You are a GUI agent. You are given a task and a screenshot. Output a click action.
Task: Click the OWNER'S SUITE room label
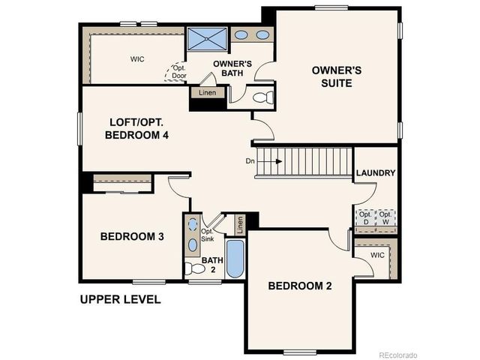click(x=337, y=76)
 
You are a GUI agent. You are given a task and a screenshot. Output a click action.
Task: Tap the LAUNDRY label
click(x=376, y=173)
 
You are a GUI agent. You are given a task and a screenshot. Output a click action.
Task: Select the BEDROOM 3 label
click(x=132, y=237)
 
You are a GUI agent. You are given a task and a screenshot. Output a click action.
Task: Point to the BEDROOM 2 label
click(x=300, y=286)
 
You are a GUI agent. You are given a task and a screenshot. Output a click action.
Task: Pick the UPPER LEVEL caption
click(x=121, y=300)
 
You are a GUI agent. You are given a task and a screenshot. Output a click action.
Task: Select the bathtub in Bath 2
click(x=235, y=259)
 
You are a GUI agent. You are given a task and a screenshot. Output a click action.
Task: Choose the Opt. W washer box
click(x=385, y=217)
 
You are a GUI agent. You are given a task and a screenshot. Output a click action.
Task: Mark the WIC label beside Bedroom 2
click(x=377, y=256)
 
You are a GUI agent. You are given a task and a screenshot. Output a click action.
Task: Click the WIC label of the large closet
click(x=136, y=58)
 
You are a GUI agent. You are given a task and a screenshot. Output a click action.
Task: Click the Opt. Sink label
click(x=208, y=235)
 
